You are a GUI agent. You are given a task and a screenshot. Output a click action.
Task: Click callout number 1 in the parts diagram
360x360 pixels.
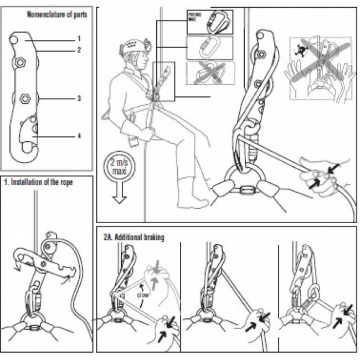click(79, 39)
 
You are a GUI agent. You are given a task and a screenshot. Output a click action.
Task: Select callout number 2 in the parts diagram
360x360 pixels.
click(79, 49)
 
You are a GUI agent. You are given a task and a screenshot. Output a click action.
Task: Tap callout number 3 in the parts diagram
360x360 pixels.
click(79, 98)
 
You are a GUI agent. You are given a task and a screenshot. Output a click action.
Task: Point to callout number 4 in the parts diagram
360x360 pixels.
click(79, 135)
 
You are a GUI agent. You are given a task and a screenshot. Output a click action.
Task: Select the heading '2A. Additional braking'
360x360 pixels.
click(134, 236)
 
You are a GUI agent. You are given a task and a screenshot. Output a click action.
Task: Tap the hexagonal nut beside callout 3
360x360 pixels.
click(25, 99)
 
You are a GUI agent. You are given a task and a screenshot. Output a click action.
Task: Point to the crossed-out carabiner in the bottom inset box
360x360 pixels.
click(210, 73)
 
